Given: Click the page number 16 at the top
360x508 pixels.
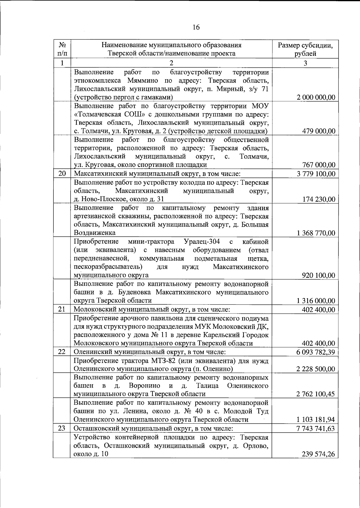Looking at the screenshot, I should click(x=196, y=28).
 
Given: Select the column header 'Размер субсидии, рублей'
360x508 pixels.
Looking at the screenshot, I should click(x=305, y=50).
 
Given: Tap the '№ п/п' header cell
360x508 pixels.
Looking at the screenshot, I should click(x=62, y=50).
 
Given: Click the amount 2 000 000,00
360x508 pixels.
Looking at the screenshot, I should click(x=316, y=98).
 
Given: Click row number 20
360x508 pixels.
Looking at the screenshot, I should click(x=62, y=174).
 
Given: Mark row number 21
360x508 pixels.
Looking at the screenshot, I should click(x=62, y=309).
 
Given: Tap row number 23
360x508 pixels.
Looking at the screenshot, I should click(x=62, y=428).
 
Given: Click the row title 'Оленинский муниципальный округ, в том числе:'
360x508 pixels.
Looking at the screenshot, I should click(x=150, y=352).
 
